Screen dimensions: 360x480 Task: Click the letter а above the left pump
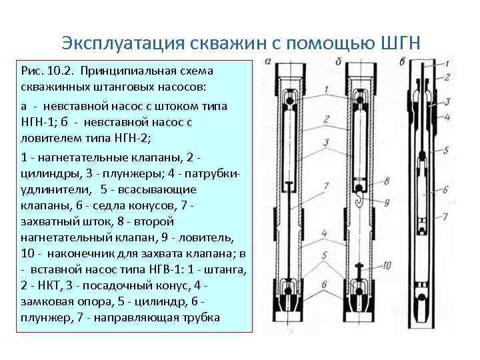(267, 61)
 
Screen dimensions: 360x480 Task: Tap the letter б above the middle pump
(339, 61)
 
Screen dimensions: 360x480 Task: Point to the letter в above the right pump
(403, 61)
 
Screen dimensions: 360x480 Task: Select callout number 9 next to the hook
(387, 200)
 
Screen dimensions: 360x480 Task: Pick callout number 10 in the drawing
(388, 266)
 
